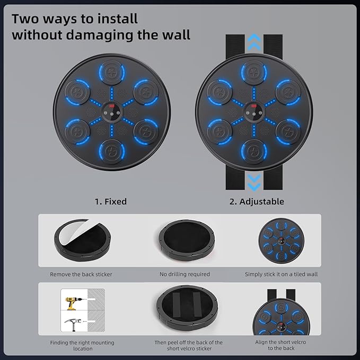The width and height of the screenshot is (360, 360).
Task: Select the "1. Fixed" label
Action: click(111, 201)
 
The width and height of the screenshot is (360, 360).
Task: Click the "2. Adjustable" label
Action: click(257, 201)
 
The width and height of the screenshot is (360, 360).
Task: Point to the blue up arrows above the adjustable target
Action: click(254, 42)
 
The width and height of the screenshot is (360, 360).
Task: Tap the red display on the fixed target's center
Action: click(112, 106)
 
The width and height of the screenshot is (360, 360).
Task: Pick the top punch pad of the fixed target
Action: click(112, 72)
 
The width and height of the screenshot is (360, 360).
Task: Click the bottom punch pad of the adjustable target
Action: click(254, 151)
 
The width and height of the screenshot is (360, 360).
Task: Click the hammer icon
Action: click(73, 324)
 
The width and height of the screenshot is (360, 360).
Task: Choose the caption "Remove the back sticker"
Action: click(81, 274)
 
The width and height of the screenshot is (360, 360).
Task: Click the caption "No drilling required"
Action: click(185, 274)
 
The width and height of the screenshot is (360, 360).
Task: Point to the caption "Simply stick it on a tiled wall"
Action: click(281, 274)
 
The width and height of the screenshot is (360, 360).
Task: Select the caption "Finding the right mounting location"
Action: click(82, 345)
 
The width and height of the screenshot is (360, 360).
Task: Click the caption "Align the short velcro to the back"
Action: click(281, 345)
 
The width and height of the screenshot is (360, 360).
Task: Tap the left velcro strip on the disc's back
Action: click(177, 304)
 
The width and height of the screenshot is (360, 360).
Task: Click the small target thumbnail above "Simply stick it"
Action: click(281, 241)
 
